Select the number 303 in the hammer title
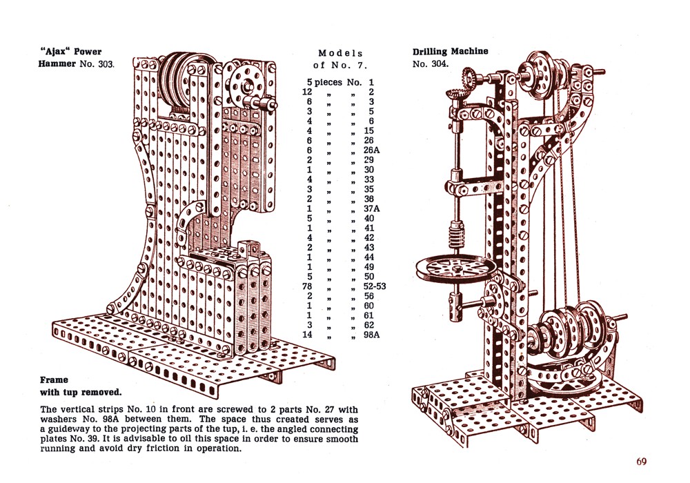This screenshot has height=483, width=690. tap(103, 64)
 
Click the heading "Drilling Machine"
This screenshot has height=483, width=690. tap(450, 51)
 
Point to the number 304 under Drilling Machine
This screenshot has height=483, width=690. tap(440, 64)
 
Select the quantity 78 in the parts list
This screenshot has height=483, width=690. tap(308, 286)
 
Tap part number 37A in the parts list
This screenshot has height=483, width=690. tap(373, 209)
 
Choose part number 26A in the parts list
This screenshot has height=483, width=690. tap(373, 150)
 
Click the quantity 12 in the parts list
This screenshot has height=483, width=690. tap(308, 92)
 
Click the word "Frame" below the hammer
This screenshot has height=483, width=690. tap(54, 379)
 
